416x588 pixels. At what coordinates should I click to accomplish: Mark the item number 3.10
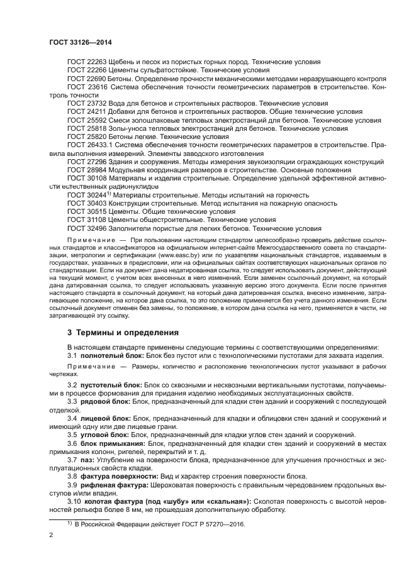[74, 501]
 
